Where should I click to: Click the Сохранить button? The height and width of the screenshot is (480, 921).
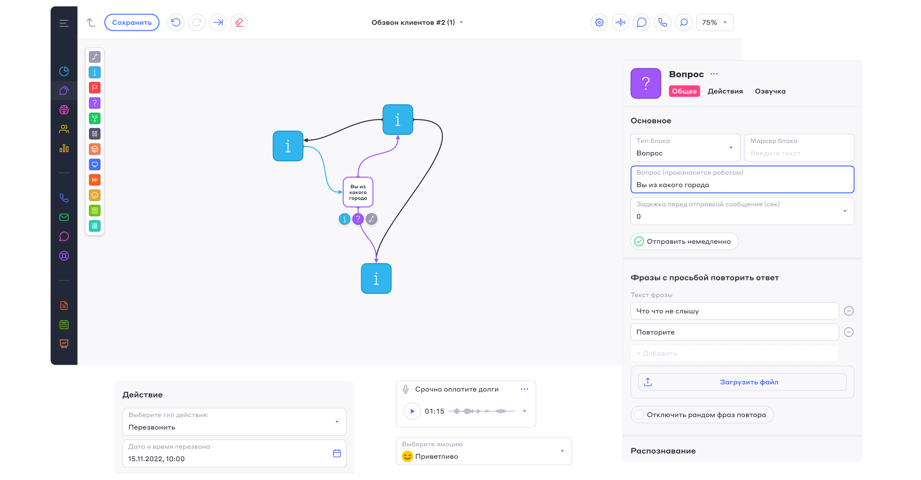pyautogui.click(x=132, y=23)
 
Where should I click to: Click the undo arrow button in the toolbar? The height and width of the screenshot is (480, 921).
pyautogui.click(x=176, y=23)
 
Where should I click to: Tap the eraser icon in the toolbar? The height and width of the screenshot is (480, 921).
pyautogui.click(x=239, y=23)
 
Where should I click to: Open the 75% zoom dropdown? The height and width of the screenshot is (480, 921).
pyautogui.click(x=715, y=23)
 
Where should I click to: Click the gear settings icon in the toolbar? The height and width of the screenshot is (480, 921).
pyautogui.click(x=599, y=23)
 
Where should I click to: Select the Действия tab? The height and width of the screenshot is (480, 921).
pyautogui.click(x=725, y=91)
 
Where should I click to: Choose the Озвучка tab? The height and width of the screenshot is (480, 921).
pyautogui.click(x=770, y=91)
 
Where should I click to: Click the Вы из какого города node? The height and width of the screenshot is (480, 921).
pyautogui.click(x=358, y=192)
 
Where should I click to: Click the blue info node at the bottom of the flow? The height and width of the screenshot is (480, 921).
pyautogui.click(x=376, y=278)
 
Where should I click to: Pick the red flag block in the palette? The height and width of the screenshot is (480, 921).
pyautogui.click(x=95, y=88)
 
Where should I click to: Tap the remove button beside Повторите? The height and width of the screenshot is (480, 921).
pyautogui.click(x=849, y=332)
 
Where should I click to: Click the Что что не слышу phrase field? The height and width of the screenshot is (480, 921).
pyautogui.click(x=734, y=311)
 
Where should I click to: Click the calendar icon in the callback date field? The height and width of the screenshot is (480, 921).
pyautogui.click(x=337, y=454)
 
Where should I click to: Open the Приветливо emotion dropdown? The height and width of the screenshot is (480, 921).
pyautogui.click(x=484, y=451)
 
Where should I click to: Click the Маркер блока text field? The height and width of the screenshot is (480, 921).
pyautogui.click(x=799, y=148)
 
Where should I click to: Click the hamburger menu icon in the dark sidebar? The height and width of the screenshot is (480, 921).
pyautogui.click(x=64, y=23)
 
